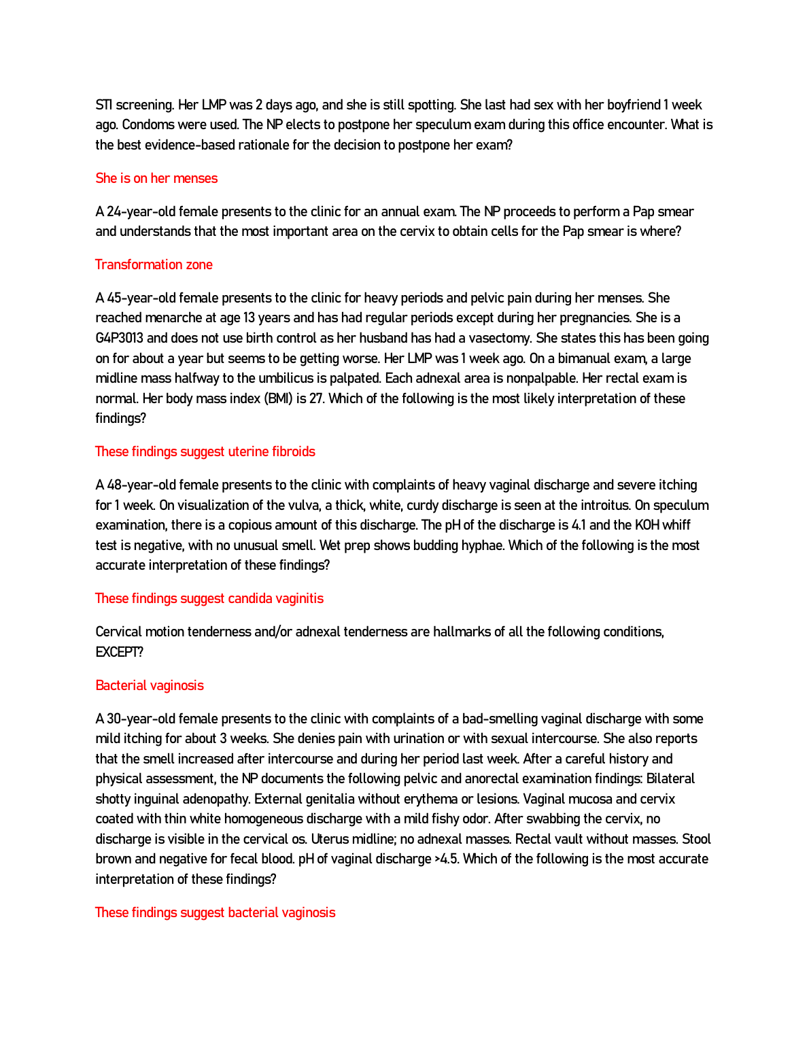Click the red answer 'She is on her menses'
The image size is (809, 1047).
[x=156, y=178]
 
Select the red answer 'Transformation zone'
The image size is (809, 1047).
[x=154, y=264]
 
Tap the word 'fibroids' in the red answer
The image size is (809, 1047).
[x=293, y=451]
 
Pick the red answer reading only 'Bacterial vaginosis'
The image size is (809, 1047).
[x=150, y=685]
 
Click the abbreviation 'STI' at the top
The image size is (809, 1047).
[x=103, y=105]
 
